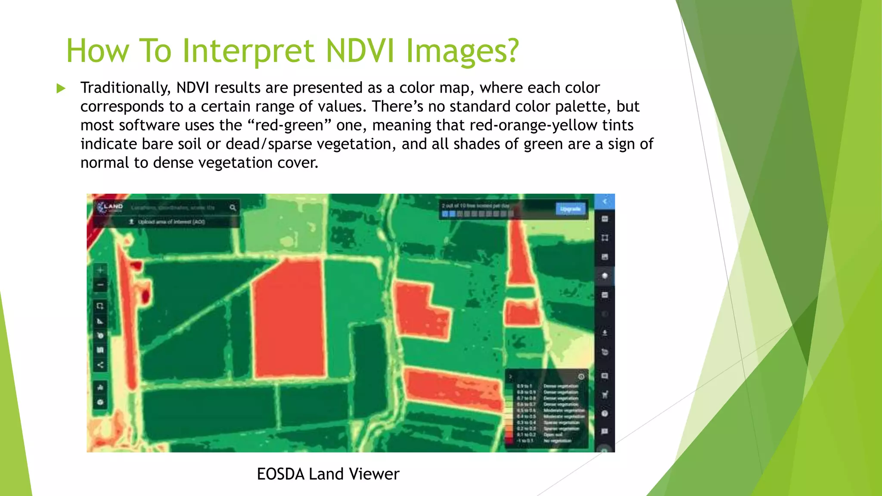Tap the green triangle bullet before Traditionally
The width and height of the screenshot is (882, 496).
pos(61,89)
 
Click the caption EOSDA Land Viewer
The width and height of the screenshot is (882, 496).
pos(328,474)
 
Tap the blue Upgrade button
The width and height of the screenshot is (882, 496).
pos(571,209)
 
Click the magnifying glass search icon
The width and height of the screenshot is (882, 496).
pos(233,208)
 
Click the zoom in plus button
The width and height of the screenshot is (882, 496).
pos(100,270)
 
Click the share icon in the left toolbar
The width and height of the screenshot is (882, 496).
pos(100,365)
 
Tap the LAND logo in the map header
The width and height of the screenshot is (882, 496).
pos(110,207)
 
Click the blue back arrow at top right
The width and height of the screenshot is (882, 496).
pos(605,201)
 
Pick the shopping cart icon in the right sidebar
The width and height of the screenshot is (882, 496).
pos(605,394)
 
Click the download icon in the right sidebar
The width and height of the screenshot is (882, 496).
pos(605,333)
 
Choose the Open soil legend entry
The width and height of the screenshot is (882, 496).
pos(553,435)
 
